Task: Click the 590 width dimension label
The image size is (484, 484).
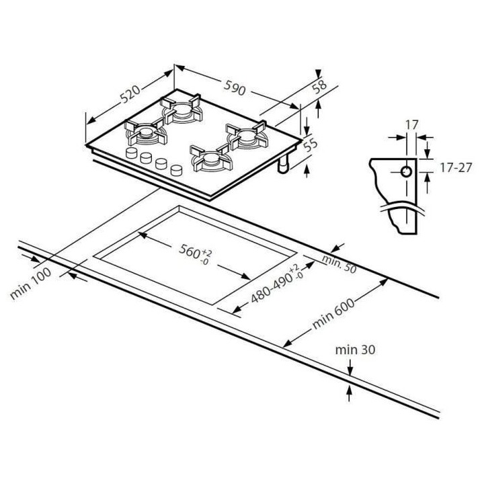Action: pyautogui.click(x=235, y=87)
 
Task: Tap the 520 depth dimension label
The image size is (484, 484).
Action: pyautogui.click(x=130, y=93)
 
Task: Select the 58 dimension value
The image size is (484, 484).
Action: pyautogui.click(x=319, y=87)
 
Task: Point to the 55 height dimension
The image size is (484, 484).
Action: pyautogui.click(x=310, y=145)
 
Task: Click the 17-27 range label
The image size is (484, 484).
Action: pyautogui.click(x=456, y=167)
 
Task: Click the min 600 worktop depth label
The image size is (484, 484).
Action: pyautogui.click(x=333, y=313)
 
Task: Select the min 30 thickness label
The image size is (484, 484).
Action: pyautogui.click(x=355, y=350)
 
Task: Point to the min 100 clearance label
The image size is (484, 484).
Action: pyautogui.click(x=30, y=284)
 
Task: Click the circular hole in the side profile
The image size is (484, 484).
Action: pyautogui.click(x=406, y=171)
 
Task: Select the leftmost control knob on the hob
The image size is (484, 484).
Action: pyautogui.click(x=132, y=153)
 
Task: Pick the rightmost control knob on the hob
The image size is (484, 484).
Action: pyautogui.click(x=176, y=170)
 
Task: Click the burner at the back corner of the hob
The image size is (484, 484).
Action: pyautogui.click(x=182, y=109)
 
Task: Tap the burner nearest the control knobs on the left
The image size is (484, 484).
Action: pyautogui.click(x=145, y=132)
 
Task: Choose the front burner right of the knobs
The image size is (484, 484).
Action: pyautogui.click(x=212, y=159)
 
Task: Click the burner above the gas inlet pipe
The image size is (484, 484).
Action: pyautogui.click(x=246, y=135)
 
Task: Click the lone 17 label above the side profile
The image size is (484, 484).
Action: pyautogui.click(x=412, y=125)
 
